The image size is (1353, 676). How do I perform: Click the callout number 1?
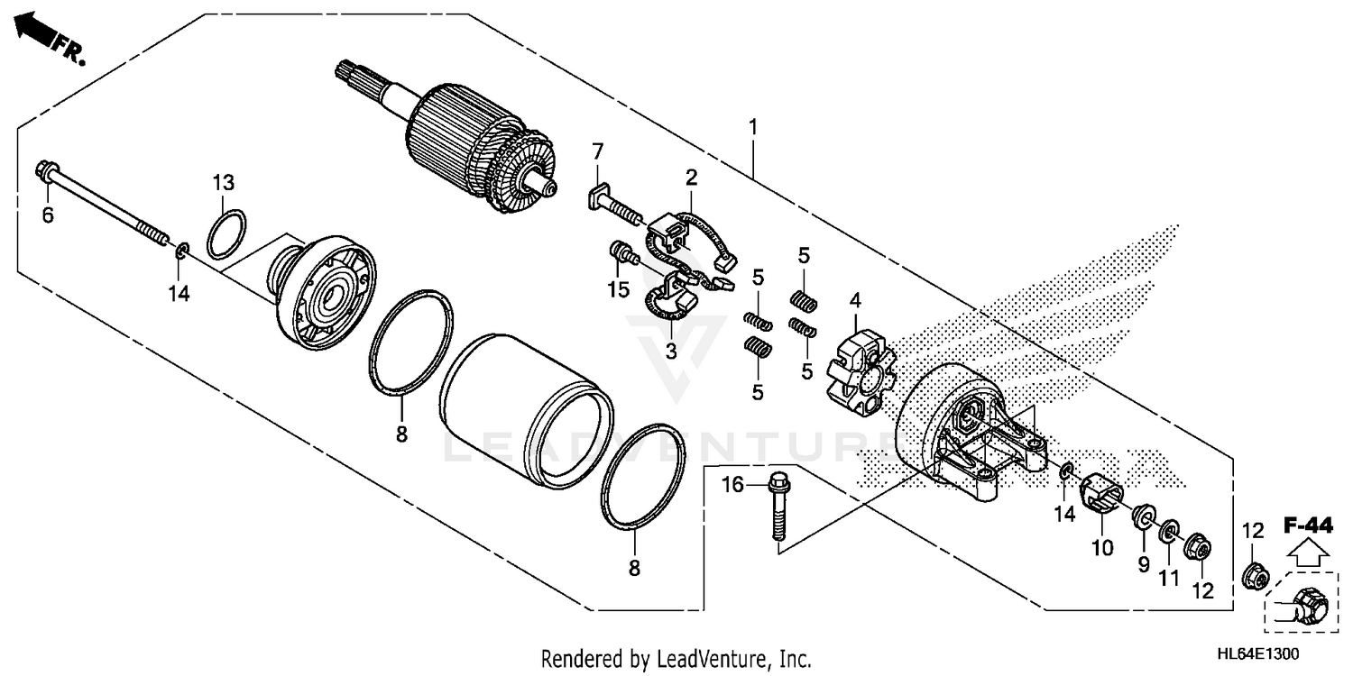pos(751,126)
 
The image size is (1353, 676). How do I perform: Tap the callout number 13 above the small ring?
pos(224,183)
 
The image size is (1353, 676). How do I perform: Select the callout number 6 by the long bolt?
pos(48,215)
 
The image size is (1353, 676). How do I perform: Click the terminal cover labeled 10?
pos(1100,496)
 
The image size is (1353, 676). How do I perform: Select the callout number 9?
pos(1143,565)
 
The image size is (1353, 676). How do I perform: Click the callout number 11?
pos(1169,577)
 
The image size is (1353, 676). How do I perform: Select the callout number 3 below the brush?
pos(670,351)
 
